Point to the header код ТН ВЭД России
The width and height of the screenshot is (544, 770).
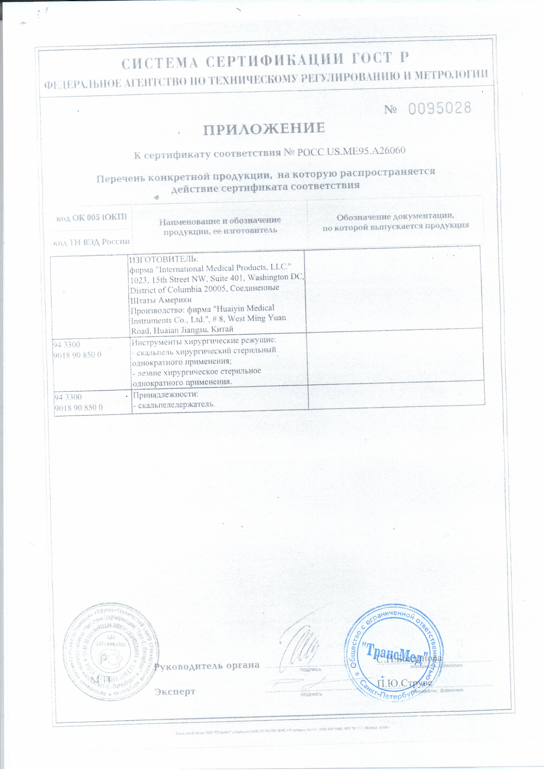pyautogui.click(x=91, y=242)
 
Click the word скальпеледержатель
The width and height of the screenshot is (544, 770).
pyautogui.click(x=176, y=404)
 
